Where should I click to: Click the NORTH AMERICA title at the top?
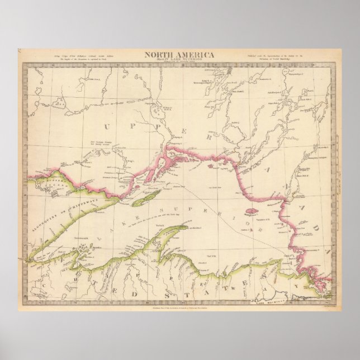pyautogui.click(x=179, y=54)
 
